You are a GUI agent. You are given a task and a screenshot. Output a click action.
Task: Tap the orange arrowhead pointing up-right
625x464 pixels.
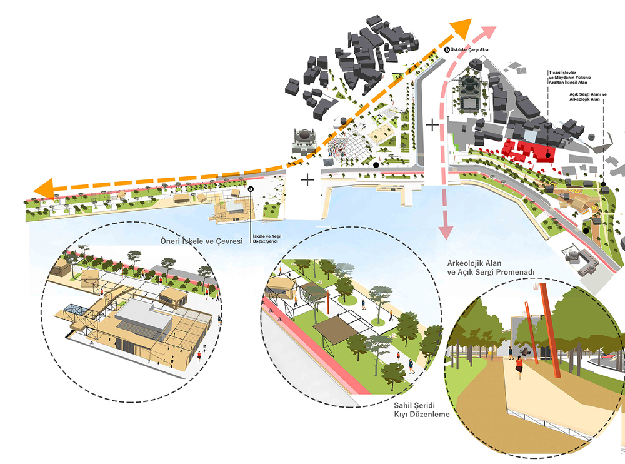(462, 28)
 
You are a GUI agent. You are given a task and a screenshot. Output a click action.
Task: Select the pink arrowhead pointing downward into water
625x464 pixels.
(446, 232)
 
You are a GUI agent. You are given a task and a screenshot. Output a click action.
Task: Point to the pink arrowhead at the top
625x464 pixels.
(488, 31)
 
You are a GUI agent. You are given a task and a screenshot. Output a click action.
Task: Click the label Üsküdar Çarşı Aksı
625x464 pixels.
(469, 50)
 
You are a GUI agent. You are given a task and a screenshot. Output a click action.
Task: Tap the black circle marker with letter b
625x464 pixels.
(447, 50)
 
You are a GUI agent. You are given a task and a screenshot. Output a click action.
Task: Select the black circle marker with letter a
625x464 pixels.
(251, 189)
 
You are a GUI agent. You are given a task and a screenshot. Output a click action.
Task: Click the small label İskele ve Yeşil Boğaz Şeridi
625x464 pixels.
(267, 239)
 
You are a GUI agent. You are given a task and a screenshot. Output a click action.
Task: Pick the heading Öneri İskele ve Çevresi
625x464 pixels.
(201, 241)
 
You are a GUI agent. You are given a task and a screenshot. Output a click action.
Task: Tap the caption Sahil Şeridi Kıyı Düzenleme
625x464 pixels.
(422, 410)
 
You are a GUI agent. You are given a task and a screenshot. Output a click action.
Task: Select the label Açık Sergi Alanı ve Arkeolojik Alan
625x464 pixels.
(588, 96)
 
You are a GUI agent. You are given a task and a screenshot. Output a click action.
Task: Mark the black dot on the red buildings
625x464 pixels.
(548, 155)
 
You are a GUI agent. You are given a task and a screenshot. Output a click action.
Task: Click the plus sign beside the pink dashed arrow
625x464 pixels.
(432, 125)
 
